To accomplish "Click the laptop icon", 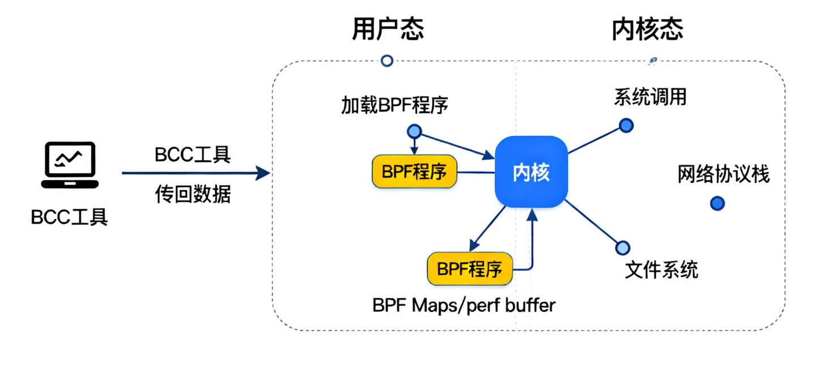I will (x=70, y=165).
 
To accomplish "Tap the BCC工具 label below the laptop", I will (x=69, y=217).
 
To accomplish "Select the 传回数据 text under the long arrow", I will (x=192, y=194).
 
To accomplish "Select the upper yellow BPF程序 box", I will (x=414, y=172).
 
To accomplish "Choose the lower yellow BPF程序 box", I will (x=470, y=269).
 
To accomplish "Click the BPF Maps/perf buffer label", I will (x=464, y=305).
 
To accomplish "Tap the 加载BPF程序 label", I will (x=395, y=105).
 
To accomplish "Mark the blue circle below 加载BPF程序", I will (x=414, y=132).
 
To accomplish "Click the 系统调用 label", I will (x=650, y=97).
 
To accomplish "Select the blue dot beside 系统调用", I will (x=626, y=126).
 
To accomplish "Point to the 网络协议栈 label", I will (x=724, y=174).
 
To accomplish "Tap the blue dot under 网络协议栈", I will (x=717, y=203).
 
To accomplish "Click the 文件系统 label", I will (x=661, y=270).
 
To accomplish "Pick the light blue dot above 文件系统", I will (x=622, y=247).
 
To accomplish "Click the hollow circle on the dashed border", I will (x=387, y=61).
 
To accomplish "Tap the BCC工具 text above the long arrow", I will (x=192, y=155).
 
